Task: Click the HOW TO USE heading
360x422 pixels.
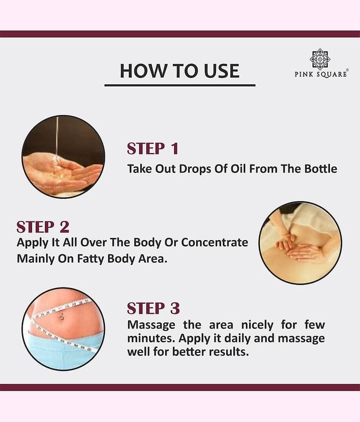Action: coord(179,71)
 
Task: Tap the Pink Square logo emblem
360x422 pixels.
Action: coord(320,59)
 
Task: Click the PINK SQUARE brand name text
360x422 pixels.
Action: coord(321,74)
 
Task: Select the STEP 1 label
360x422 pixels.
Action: coord(152,149)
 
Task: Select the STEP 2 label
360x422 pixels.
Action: coord(43,227)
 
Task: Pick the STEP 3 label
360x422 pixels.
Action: coord(153,309)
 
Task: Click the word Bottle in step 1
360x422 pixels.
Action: coord(320,169)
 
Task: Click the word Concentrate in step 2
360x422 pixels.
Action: coord(215,242)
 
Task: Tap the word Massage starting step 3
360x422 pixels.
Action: coord(151,325)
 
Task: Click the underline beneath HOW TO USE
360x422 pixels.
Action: coord(180,85)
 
